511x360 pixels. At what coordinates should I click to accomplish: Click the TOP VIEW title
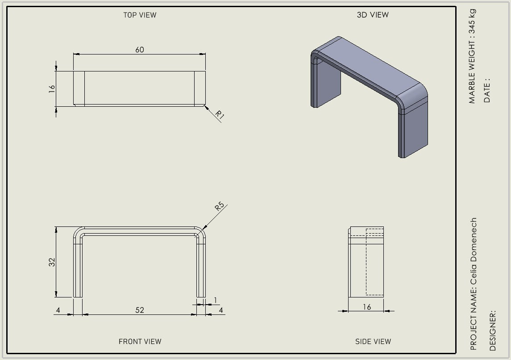click(140, 15)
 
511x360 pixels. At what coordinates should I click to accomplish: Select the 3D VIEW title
click(373, 15)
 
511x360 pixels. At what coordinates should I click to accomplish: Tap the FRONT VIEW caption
click(140, 341)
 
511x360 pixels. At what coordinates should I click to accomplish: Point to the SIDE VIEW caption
click(373, 341)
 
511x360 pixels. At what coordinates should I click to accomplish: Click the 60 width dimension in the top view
click(140, 50)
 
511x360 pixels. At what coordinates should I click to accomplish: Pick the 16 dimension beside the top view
click(52, 89)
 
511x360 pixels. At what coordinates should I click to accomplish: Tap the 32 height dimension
click(52, 262)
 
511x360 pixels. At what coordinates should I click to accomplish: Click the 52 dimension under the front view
click(140, 310)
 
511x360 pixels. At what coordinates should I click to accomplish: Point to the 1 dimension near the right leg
click(215, 300)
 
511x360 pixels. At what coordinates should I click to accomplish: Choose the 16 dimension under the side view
click(367, 307)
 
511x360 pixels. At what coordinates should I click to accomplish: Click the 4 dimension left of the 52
click(58, 310)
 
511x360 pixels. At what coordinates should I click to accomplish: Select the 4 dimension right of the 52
click(221, 310)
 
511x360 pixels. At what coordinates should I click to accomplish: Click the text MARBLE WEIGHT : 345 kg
click(472, 56)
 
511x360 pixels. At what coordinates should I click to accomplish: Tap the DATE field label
click(487, 90)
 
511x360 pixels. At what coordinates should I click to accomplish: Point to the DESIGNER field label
click(492, 331)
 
